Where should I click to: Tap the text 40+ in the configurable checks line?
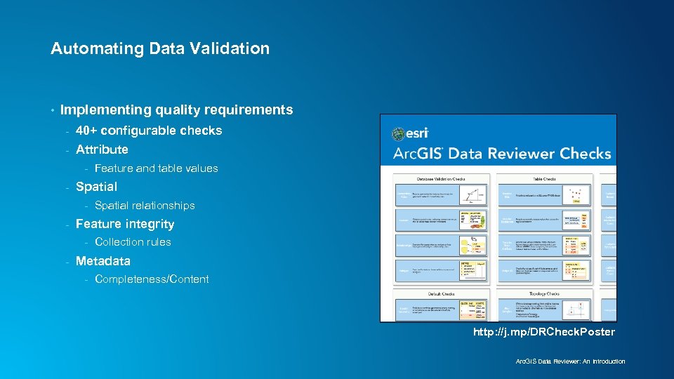(x=87, y=131)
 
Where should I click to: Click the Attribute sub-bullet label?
(x=102, y=149)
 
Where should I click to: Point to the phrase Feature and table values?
(x=156, y=168)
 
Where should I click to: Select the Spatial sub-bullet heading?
(x=96, y=187)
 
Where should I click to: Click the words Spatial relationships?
(x=145, y=206)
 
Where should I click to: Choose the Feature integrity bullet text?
(x=125, y=224)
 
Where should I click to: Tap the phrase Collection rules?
(x=133, y=242)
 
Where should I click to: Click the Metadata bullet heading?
(x=103, y=261)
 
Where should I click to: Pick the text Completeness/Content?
(x=152, y=279)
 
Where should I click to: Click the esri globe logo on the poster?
(x=399, y=133)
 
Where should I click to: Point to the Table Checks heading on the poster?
(x=544, y=178)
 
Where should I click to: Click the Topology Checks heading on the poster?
(x=544, y=294)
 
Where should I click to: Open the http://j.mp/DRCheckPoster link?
(x=543, y=332)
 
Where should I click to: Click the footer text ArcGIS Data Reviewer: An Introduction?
(x=570, y=361)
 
